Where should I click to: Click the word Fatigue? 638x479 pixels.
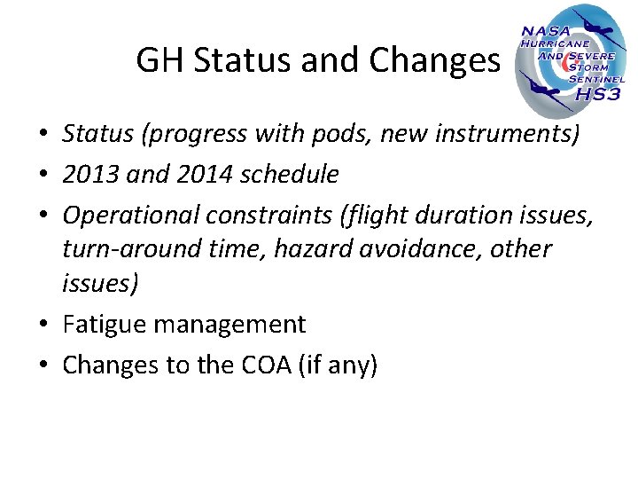coord(99,325)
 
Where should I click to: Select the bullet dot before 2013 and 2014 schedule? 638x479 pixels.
coord(43,176)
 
